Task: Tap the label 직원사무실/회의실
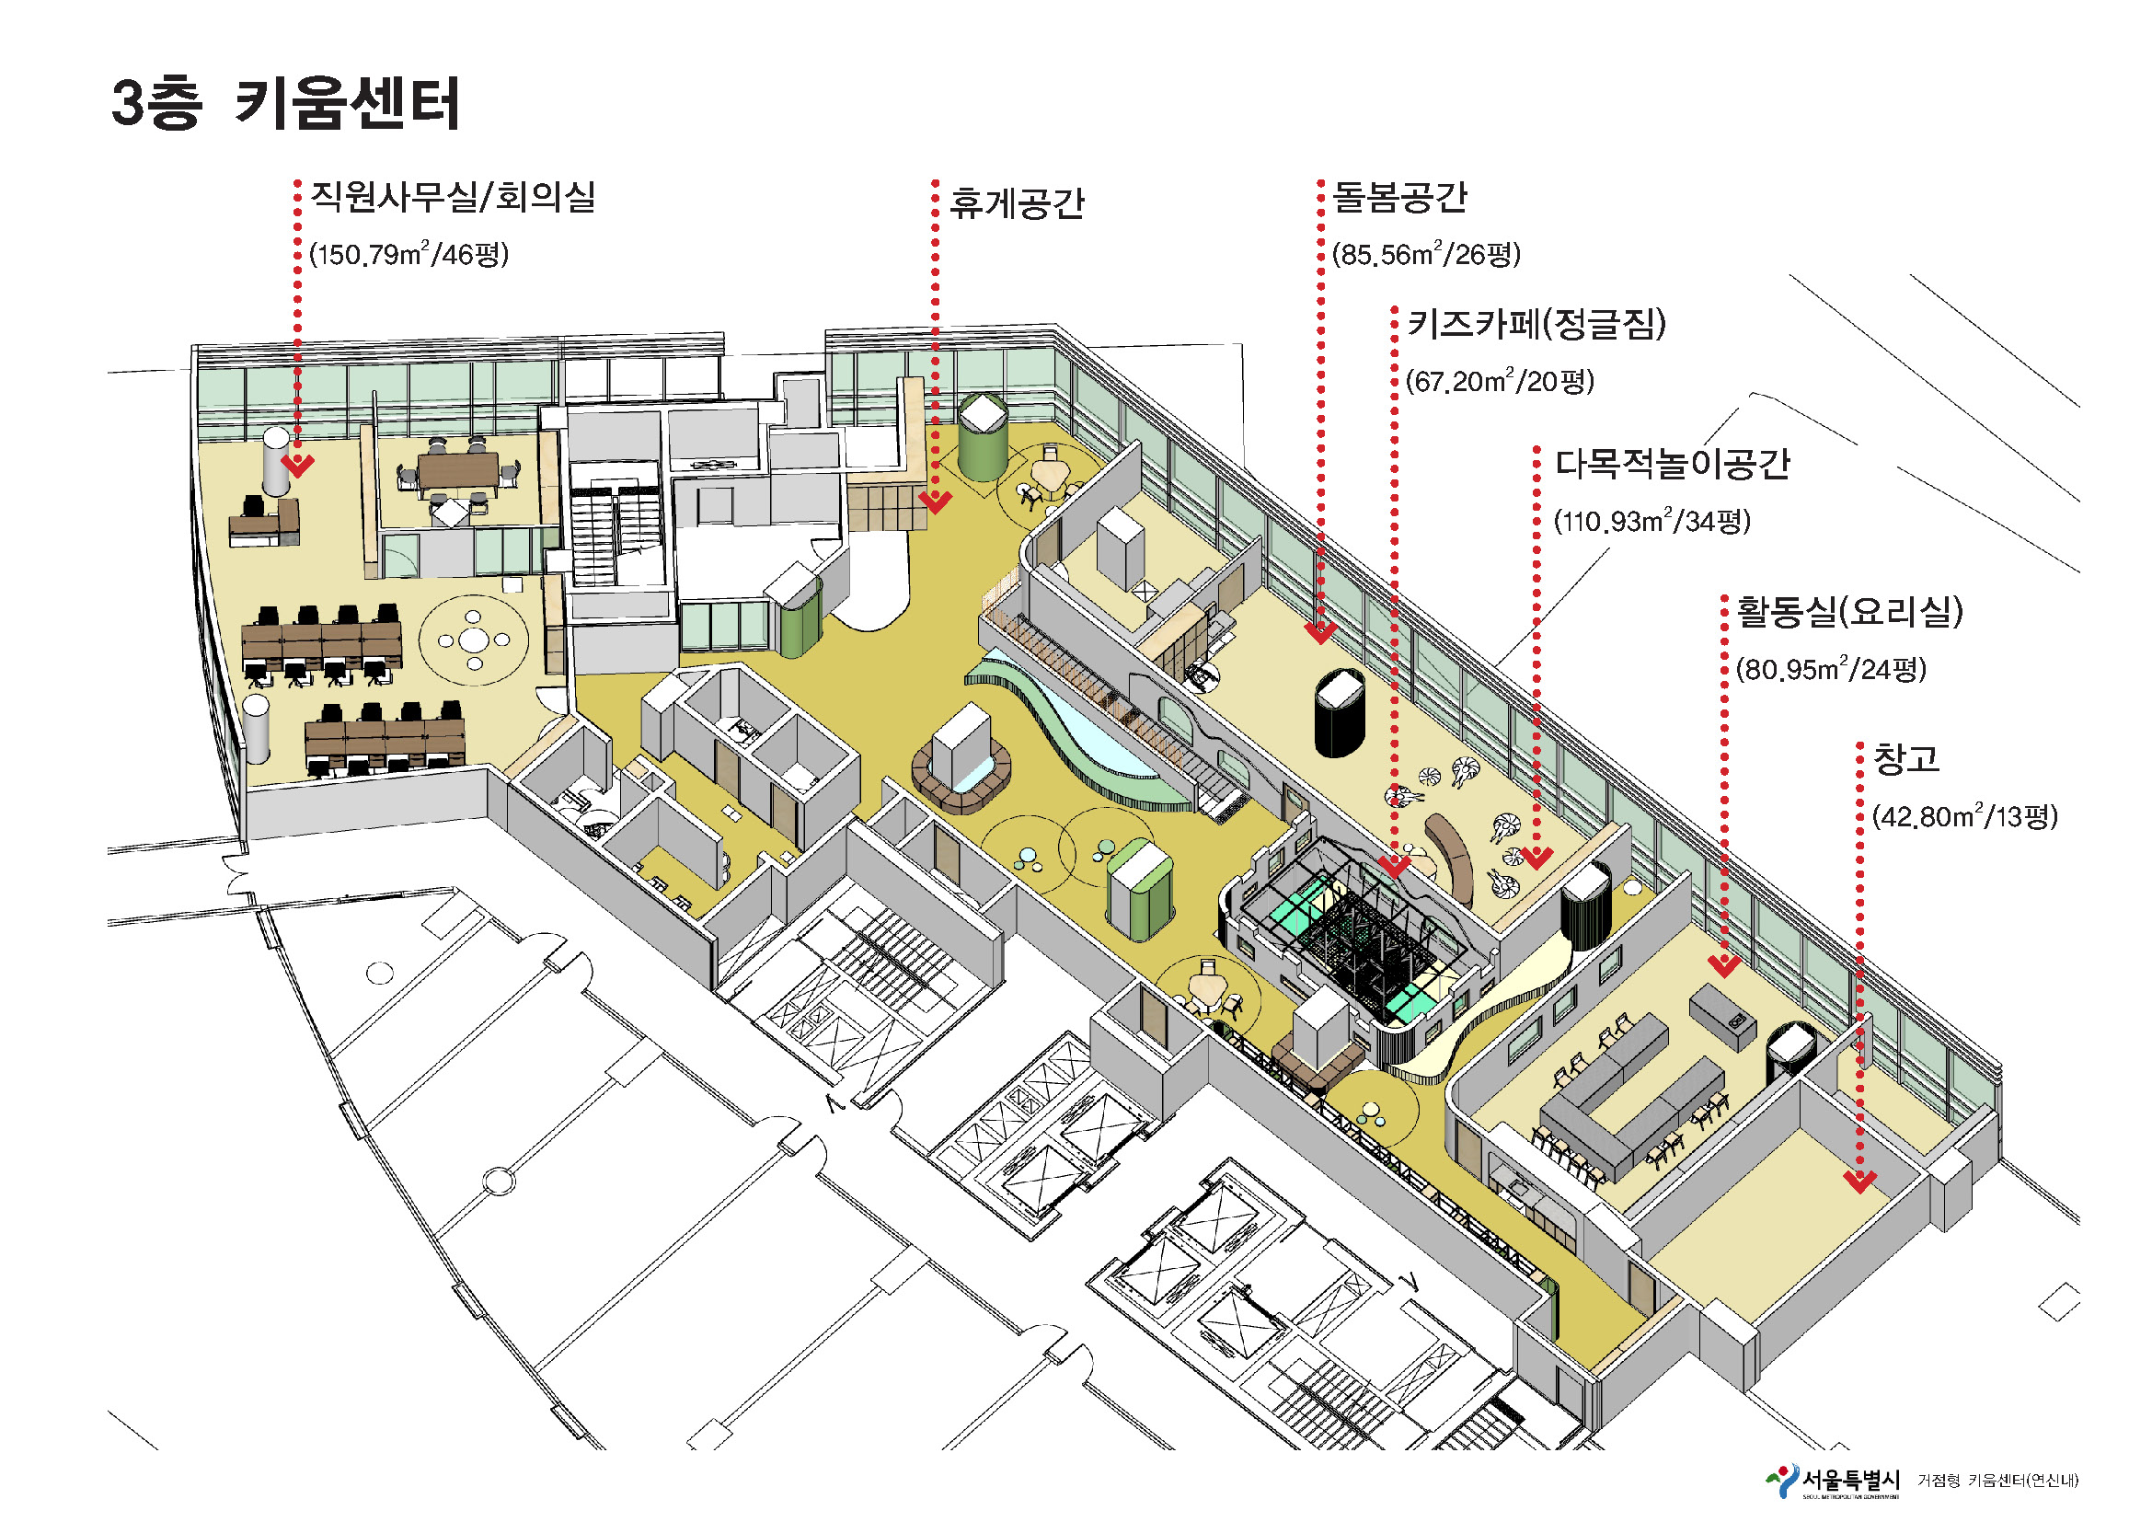[x=453, y=198]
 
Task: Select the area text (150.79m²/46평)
[x=409, y=254]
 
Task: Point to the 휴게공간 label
[x=1016, y=203]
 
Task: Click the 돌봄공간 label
[x=1399, y=197]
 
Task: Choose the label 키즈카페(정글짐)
[x=1536, y=324]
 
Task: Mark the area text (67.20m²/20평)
[x=1500, y=382]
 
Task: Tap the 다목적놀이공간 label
[x=1672, y=464]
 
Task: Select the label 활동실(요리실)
[x=1849, y=612]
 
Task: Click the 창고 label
[x=1905, y=758]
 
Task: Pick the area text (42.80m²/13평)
[x=1964, y=816]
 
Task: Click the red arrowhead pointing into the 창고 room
[x=1859, y=1182]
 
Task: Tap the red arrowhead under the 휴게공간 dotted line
[x=935, y=503]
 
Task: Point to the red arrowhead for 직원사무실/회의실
[x=298, y=466]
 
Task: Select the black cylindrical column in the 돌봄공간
[x=1340, y=712]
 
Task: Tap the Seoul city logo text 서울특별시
[x=1850, y=1481]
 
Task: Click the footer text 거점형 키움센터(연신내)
[x=1997, y=1481]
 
